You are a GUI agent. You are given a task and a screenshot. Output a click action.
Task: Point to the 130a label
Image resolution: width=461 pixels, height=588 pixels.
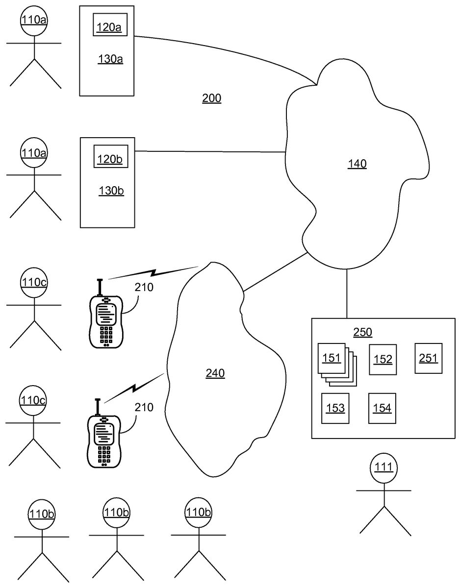(x=110, y=60)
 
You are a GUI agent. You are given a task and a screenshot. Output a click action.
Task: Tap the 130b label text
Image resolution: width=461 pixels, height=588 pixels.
(x=111, y=190)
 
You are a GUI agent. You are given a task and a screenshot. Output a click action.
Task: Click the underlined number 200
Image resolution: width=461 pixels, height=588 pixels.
(x=212, y=98)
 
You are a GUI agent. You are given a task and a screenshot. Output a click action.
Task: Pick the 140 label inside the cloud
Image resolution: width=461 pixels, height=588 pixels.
(x=357, y=164)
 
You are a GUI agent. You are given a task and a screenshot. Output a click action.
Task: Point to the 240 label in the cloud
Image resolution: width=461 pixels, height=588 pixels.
(x=215, y=374)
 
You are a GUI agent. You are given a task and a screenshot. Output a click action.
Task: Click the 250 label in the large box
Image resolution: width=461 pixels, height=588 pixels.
(x=362, y=333)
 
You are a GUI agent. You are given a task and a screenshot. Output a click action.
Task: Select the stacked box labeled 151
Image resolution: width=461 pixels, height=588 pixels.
(x=332, y=359)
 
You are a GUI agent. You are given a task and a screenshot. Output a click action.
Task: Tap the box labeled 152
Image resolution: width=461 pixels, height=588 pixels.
(x=383, y=359)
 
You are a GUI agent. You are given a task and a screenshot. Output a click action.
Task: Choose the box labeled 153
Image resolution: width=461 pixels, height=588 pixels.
(x=335, y=408)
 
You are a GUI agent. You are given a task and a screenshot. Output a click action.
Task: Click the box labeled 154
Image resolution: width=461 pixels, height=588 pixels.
(x=382, y=408)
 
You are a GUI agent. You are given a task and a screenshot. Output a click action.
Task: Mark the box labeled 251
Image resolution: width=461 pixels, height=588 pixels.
(x=428, y=358)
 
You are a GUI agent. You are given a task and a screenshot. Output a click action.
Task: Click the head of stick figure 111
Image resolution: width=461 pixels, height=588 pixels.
(x=383, y=467)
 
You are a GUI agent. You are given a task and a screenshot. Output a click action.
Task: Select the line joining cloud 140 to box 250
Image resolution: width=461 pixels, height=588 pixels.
(x=347, y=294)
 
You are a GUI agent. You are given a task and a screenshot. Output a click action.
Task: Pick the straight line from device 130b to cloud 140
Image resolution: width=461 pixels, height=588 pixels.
(x=211, y=152)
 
